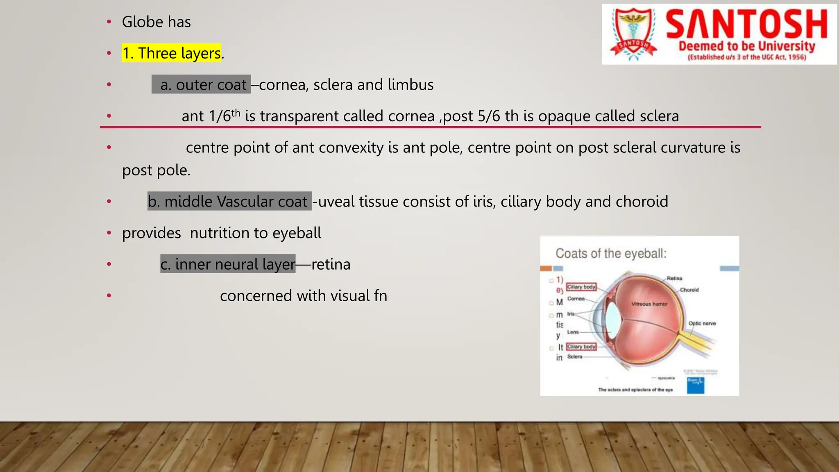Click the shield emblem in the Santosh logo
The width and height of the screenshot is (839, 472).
(x=633, y=34)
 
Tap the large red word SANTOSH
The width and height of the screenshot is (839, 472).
(x=746, y=25)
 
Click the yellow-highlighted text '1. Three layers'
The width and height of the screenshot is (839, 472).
(x=171, y=53)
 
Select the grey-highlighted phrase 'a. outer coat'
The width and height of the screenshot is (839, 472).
(x=201, y=85)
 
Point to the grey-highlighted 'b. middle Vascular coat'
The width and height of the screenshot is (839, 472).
(x=229, y=202)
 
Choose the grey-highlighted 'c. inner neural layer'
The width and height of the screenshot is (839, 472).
(x=228, y=264)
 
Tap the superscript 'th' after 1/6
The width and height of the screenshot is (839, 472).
(x=236, y=113)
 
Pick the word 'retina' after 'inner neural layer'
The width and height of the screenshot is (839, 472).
(x=331, y=264)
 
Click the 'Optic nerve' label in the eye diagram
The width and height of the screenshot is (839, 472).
(x=702, y=323)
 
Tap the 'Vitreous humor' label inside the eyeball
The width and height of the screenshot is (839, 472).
(x=649, y=304)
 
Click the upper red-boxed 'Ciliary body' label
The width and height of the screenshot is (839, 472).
(x=581, y=287)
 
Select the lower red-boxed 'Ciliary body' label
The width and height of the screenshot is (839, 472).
(x=581, y=347)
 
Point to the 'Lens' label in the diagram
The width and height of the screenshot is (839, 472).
(x=573, y=332)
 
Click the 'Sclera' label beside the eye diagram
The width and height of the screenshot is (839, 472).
(x=574, y=356)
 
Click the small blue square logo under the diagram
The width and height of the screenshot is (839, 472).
(x=695, y=385)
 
